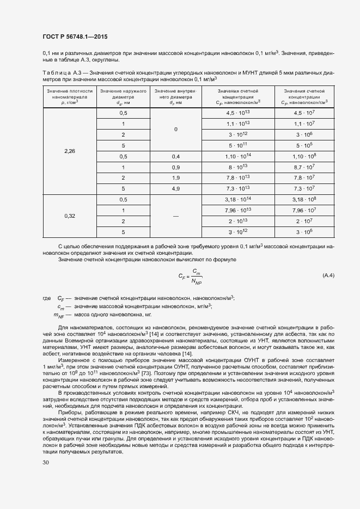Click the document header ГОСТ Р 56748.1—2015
[x=75, y=37]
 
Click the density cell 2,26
[x=70, y=151]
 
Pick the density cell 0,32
[x=70, y=216]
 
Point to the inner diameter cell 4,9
[x=176, y=188]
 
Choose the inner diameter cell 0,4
[x=176, y=156]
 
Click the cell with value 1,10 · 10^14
[x=237, y=156]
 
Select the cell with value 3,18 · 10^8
[x=305, y=200]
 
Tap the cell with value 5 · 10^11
[x=237, y=145]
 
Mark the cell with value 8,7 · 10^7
[x=305, y=167]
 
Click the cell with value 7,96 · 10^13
[x=237, y=211]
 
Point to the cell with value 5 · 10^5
[x=305, y=145]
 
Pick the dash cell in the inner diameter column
[x=176, y=216]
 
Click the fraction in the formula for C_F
[x=196, y=276]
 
